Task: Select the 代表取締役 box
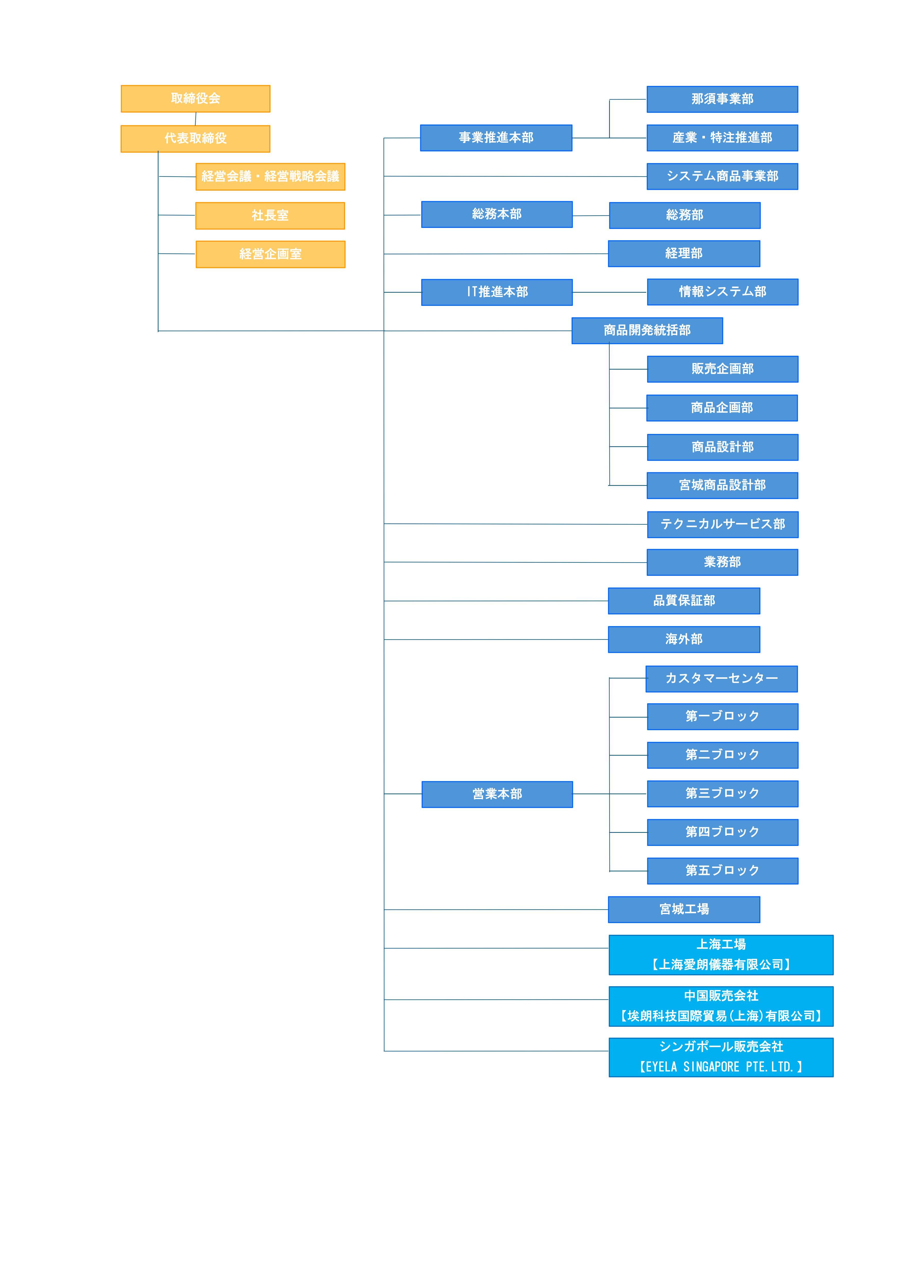(195, 138)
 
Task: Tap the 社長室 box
(270, 216)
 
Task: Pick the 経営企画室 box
(270, 254)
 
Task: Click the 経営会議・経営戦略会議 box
(270, 177)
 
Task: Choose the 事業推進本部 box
(496, 138)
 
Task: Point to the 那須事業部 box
(722, 99)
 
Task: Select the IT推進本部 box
(497, 292)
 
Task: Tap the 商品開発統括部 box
(647, 331)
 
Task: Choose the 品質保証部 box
(684, 601)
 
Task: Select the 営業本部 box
(497, 794)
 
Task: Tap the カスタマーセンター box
(722, 679)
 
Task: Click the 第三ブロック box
(723, 794)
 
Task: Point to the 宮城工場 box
(684, 910)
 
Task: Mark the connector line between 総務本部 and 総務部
(591, 216)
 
